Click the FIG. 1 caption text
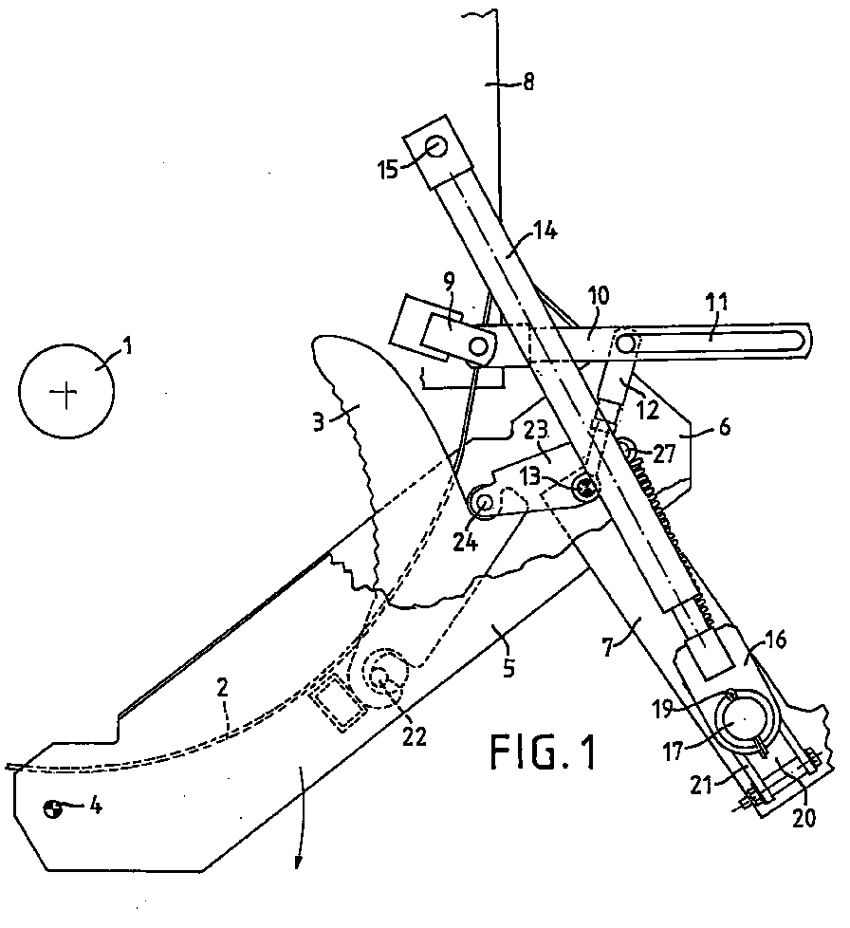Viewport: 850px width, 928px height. pos(543,752)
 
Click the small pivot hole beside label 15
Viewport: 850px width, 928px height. pos(436,146)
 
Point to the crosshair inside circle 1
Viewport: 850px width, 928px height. pos(65,393)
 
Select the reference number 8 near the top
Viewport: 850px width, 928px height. pos(528,82)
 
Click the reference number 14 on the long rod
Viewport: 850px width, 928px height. pos(545,231)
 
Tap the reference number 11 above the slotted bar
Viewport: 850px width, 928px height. pos(717,304)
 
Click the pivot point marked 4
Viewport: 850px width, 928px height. pos(52,809)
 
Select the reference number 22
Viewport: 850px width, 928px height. pos(414,736)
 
